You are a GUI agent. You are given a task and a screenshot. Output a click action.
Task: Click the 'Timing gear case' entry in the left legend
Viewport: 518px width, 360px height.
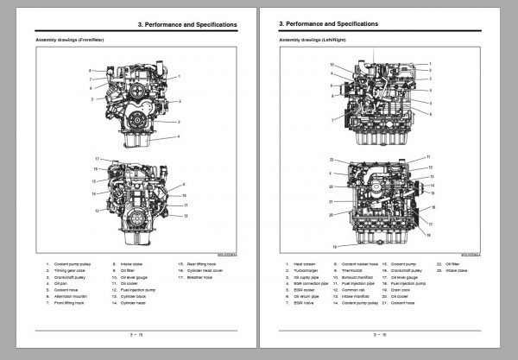[x=70, y=270]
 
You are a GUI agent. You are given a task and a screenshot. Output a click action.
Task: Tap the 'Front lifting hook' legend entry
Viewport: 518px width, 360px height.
[x=71, y=301]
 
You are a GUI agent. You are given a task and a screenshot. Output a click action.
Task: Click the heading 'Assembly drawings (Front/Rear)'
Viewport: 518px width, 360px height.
[x=65, y=41]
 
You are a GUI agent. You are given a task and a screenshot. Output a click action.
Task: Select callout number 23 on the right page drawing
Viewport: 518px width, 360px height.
[x=331, y=161]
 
